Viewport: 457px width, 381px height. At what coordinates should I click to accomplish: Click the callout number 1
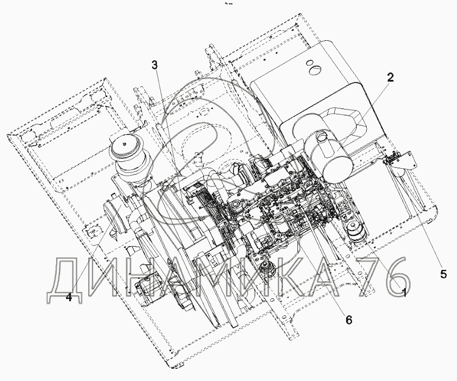(x=404, y=293)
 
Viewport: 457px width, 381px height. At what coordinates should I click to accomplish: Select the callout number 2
(x=390, y=77)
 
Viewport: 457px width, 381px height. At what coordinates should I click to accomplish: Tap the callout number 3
(x=154, y=65)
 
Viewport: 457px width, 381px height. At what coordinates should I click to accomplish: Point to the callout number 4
(x=69, y=297)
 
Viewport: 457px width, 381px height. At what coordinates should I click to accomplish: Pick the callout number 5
(x=443, y=274)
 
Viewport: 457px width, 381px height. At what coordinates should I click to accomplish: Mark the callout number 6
(x=349, y=320)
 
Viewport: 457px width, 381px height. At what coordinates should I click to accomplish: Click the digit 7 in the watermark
(x=369, y=276)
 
